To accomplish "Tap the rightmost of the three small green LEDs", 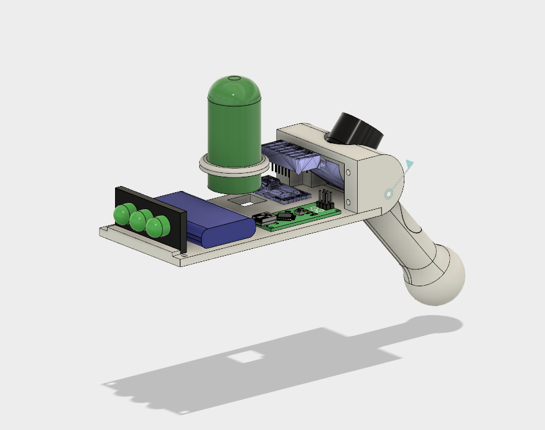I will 157,225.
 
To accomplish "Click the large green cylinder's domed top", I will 234,90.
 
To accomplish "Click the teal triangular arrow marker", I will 409,165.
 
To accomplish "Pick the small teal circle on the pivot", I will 389,194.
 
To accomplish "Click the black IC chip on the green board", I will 285,217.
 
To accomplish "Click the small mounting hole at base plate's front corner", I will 184,255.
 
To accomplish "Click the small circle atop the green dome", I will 234,78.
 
